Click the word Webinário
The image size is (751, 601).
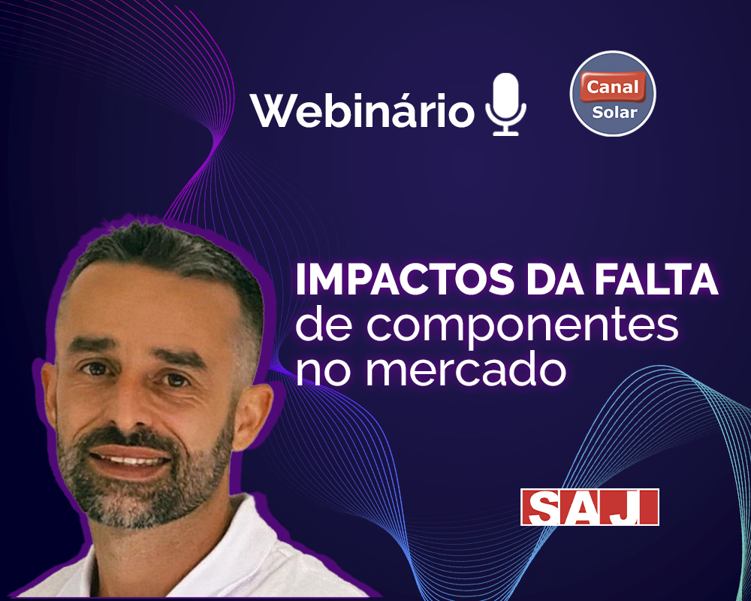[x=362, y=110]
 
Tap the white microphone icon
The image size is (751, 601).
[x=505, y=104]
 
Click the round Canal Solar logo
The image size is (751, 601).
[x=613, y=93]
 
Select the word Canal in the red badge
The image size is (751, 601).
[x=613, y=86]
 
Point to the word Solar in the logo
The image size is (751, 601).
[x=614, y=112]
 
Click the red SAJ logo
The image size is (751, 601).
[x=590, y=507]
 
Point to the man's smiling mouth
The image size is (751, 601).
[x=130, y=459]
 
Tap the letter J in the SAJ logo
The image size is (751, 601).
[x=632, y=507]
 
